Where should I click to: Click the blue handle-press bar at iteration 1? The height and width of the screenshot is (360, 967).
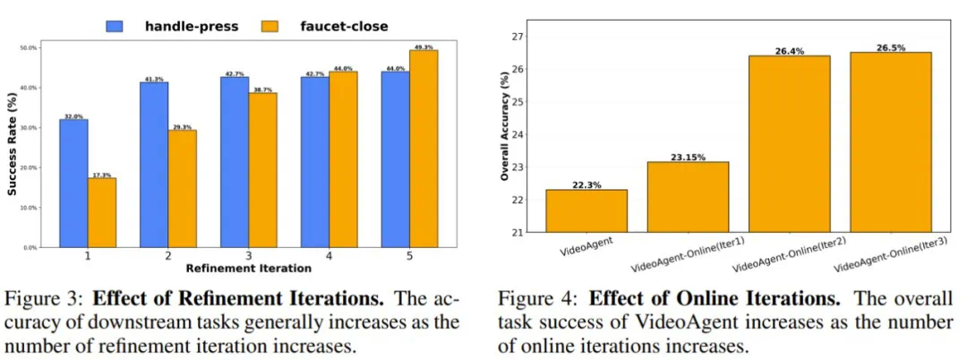(73, 183)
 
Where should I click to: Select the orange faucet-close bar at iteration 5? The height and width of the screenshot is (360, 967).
(424, 149)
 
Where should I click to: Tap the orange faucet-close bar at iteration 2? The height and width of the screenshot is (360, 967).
(182, 189)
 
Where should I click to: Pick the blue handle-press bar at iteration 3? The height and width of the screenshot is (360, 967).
(235, 162)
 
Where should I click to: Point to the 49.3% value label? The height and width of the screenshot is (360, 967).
(424, 46)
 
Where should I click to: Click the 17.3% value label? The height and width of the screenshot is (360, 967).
(101, 174)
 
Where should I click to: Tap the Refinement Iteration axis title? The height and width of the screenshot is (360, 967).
(248, 268)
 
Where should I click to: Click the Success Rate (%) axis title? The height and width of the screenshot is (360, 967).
(11, 146)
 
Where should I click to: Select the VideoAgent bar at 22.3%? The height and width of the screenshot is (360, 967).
(586, 210)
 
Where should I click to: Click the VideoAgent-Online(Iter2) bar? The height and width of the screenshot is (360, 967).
(790, 143)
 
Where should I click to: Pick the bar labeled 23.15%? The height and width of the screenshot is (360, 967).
(689, 197)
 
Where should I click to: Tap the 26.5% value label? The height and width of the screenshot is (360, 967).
(891, 47)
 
